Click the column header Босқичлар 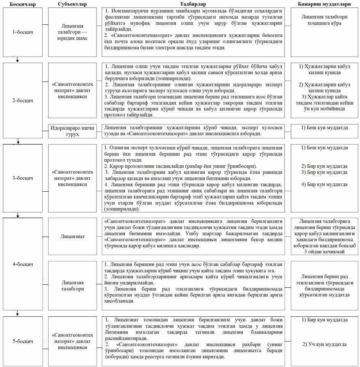19,4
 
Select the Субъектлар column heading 73,4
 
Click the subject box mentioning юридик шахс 72,32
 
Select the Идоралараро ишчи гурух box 72,130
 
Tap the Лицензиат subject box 72,236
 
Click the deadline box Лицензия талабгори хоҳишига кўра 324,20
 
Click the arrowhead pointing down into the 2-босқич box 18,60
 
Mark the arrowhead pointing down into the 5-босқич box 18,314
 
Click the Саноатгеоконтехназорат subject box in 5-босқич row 72,340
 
